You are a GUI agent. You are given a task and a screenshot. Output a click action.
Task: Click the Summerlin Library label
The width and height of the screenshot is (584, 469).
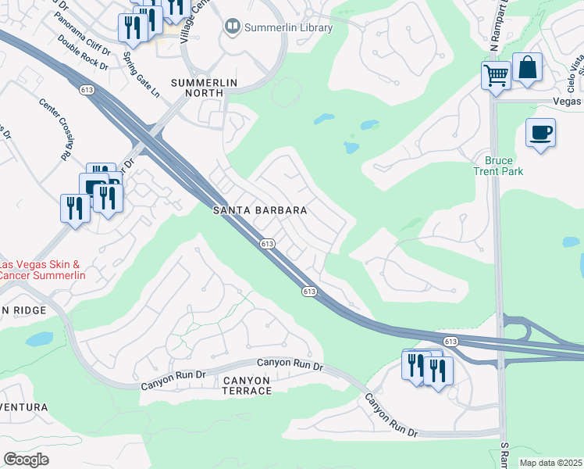coord(288,28)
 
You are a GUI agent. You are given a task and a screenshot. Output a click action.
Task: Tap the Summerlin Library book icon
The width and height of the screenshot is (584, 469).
coord(232,27)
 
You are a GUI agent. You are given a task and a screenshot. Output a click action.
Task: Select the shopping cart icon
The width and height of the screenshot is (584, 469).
coord(496,76)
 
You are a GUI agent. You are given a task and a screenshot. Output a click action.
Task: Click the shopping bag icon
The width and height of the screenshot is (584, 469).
coord(528,68)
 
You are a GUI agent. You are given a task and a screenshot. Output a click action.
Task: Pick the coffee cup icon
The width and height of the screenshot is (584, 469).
coord(540,131)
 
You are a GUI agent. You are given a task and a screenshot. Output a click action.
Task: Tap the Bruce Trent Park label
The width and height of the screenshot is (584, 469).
coord(498,166)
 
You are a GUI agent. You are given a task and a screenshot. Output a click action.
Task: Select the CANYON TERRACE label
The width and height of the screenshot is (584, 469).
coord(247,386)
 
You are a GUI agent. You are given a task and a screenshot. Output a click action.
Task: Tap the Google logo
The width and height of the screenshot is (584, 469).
coord(26,460)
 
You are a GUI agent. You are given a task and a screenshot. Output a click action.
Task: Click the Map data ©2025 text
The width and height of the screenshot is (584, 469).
coord(551,463)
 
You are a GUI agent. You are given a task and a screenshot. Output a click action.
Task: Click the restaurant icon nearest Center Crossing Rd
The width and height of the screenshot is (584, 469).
coord(75,208)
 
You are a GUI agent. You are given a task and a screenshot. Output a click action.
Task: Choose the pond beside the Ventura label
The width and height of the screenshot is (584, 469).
coord(37,339)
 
